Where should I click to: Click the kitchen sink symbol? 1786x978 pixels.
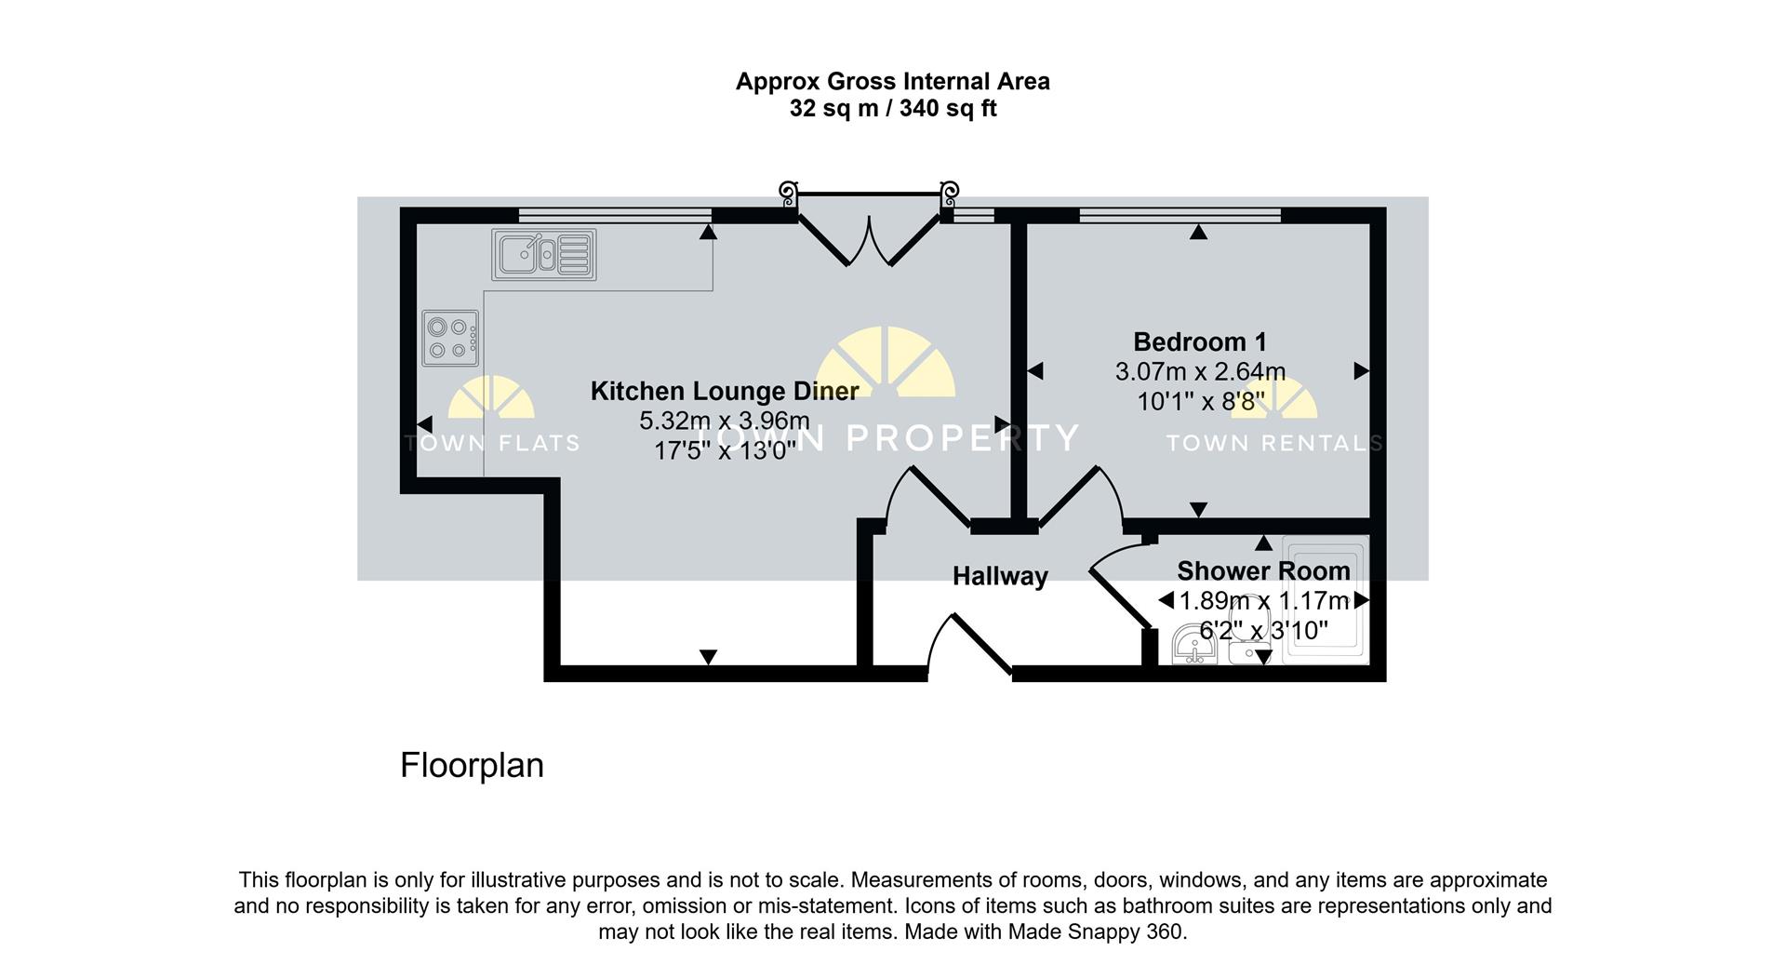pos(544,254)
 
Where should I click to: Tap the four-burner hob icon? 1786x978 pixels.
pos(450,339)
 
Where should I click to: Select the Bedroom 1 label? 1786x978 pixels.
pos(1200,342)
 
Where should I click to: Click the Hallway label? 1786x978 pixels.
pos(1000,577)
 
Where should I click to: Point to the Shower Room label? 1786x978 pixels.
pos(1263,570)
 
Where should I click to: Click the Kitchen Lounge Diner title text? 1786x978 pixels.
pos(725,391)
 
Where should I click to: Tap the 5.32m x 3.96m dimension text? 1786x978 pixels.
pos(725,421)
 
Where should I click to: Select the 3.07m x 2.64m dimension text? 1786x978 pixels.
pos(1200,371)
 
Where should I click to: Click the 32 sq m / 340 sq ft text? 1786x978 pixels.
pos(893,109)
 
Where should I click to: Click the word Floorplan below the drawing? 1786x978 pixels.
pos(472,765)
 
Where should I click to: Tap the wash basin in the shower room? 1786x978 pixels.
pos(1194,646)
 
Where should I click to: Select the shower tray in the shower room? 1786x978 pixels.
pos(1326,600)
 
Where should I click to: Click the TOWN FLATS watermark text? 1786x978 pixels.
pos(493,444)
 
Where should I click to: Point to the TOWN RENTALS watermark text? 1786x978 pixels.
pos(1274,444)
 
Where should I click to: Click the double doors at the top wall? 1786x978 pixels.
pos(869,228)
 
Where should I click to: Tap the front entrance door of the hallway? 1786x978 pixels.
pos(970,644)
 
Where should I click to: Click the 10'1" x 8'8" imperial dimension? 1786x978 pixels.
pos(1200,401)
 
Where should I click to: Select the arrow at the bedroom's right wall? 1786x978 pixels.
pos(1362,370)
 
